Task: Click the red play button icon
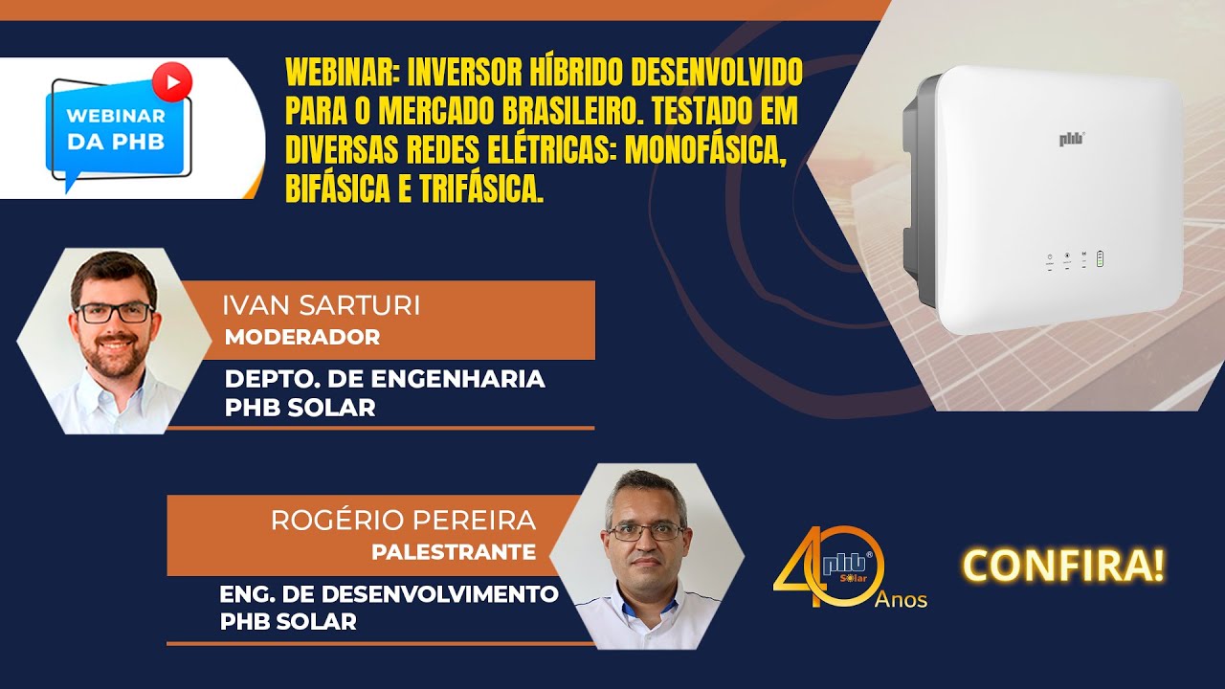pyautogui.click(x=172, y=81)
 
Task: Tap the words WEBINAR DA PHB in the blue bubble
pyautogui.click(x=115, y=128)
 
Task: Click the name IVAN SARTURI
pyautogui.click(x=322, y=306)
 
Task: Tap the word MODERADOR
pyautogui.click(x=302, y=337)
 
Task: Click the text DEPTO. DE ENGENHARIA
pyautogui.click(x=385, y=379)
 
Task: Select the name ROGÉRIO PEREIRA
pyautogui.click(x=403, y=521)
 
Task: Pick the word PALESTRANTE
pyautogui.click(x=454, y=552)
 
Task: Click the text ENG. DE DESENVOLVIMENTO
pyautogui.click(x=389, y=593)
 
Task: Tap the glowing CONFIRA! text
pyautogui.click(x=1064, y=566)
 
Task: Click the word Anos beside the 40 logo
pyautogui.click(x=901, y=600)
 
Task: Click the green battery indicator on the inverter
pyautogui.click(x=1101, y=258)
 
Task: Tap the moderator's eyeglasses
pyautogui.click(x=114, y=312)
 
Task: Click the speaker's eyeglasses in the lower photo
pyautogui.click(x=646, y=531)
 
